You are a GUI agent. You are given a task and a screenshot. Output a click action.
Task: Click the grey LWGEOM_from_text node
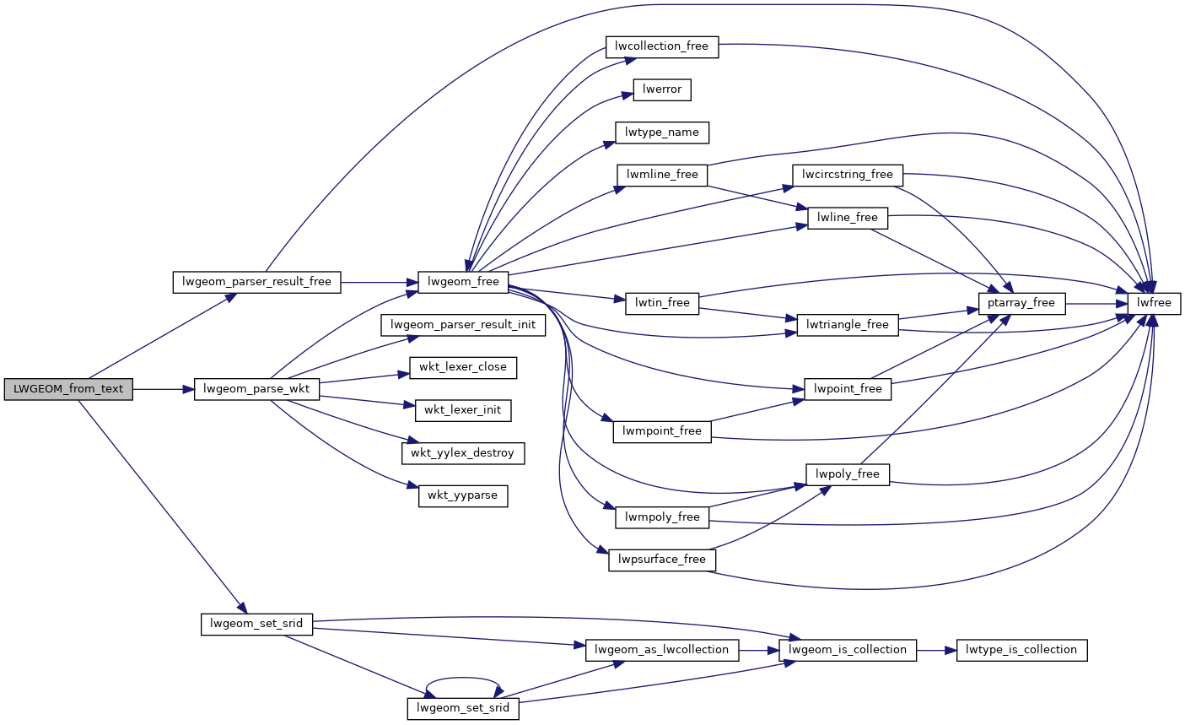[x=68, y=389]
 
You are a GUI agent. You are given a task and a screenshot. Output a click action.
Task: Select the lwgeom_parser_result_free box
[x=256, y=282]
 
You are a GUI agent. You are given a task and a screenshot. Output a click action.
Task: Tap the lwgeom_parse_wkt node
[x=256, y=389]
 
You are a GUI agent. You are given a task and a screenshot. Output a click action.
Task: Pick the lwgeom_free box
[x=463, y=282]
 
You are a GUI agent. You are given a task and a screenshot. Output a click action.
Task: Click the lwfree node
[x=1154, y=303]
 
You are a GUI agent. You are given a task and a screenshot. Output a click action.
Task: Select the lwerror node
[x=662, y=89]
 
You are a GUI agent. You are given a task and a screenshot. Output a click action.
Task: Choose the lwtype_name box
[x=662, y=133]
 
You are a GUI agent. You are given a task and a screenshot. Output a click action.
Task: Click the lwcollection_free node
[x=662, y=46]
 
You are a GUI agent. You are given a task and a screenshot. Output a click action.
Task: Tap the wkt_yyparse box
[x=463, y=495]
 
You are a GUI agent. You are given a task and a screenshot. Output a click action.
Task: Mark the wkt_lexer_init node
[x=463, y=410]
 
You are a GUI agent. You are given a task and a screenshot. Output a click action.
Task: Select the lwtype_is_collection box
[x=1021, y=650]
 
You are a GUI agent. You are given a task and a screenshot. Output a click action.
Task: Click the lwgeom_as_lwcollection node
[x=662, y=650]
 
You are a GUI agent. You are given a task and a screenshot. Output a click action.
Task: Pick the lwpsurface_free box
[x=662, y=560]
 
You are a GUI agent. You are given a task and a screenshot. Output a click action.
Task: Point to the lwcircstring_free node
[x=848, y=175]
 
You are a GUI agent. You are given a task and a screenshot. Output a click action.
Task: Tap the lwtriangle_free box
[x=848, y=324]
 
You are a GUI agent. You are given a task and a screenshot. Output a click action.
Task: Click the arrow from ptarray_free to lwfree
[x=1096, y=303]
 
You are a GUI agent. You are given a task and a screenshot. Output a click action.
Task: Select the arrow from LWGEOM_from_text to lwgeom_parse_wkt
[x=164, y=389]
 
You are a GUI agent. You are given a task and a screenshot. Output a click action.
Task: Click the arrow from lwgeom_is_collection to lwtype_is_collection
[x=936, y=650]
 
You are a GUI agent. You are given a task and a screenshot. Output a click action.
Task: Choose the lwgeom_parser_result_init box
[x=463, y=325]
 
